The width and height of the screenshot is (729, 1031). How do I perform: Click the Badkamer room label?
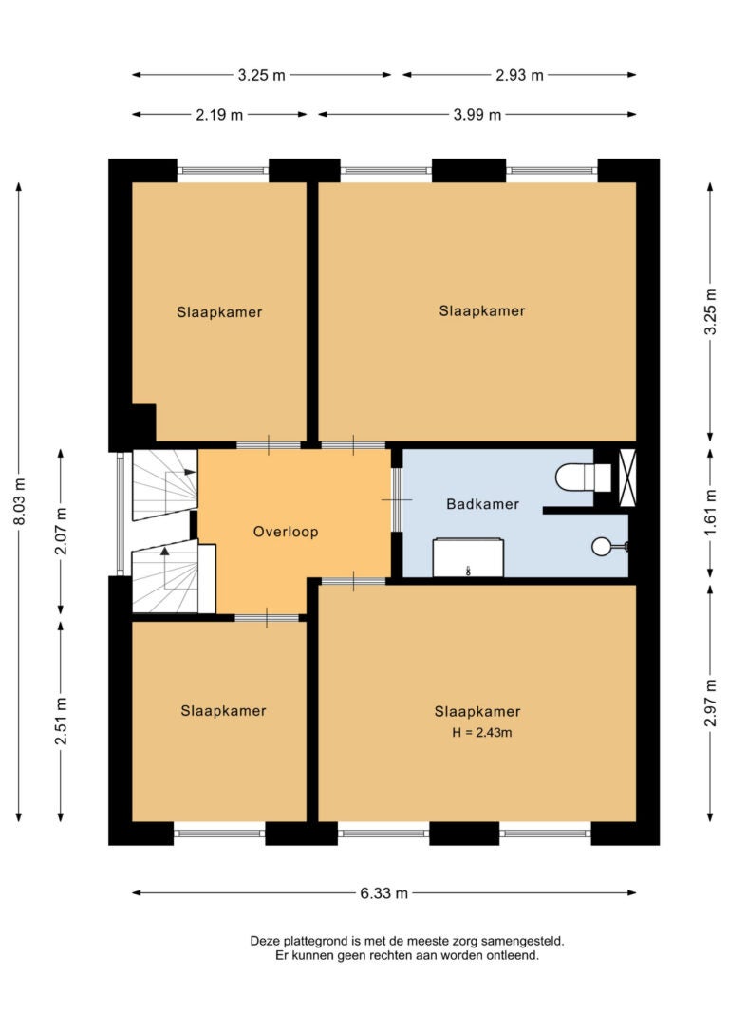482,504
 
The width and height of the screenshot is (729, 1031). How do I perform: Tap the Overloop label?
286,532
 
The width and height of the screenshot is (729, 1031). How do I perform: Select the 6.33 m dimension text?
383,893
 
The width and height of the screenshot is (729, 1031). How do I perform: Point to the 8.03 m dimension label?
19,501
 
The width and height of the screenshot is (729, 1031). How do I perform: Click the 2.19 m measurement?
219,115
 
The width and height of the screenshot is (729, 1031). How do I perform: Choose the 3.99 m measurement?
477,115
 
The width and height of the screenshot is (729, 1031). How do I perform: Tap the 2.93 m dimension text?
519,76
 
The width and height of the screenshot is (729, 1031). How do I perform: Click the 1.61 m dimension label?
710,513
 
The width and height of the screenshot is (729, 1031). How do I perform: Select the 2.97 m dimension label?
710,703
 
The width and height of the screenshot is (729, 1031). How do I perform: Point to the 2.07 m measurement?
61,532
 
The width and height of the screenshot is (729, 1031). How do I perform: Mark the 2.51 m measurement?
61,722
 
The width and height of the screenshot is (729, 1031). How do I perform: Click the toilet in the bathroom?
583,478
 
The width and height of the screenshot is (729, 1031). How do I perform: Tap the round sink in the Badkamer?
602,547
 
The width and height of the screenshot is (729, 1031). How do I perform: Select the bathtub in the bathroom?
468,557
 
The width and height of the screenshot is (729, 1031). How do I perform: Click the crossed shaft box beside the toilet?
627,478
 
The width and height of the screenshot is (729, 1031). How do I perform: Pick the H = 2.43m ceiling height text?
482,733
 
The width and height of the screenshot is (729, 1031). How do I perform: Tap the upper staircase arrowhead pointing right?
191,472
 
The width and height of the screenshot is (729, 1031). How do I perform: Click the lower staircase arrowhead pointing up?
164,551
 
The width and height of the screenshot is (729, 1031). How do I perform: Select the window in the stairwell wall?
120,514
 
